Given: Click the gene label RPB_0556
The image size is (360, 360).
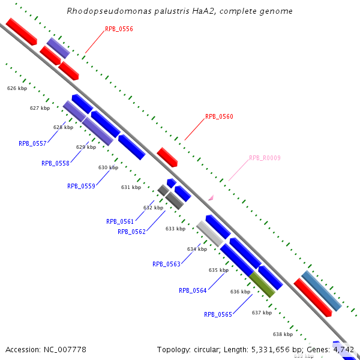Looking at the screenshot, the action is [119, 29].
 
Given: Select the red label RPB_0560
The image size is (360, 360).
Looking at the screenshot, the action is [219, 117].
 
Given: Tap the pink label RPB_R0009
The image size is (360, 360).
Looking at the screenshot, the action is [265, 158].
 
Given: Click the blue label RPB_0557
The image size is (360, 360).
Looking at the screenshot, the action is [32, 143].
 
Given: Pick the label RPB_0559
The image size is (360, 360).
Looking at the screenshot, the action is [81, 186].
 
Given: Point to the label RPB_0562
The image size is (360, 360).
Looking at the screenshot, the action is [131, 232].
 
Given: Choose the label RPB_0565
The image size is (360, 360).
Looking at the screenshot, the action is [218, 314].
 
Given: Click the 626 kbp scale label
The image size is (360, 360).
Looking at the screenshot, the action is [17, 88].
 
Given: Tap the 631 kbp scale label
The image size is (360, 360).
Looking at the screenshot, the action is [131, 187].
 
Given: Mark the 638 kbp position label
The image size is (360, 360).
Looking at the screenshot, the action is [283, 334].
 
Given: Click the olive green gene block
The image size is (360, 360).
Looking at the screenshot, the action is [262, 284].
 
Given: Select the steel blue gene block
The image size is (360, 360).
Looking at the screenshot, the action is [321, 291].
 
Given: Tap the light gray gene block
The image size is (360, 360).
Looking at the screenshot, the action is [210, 233].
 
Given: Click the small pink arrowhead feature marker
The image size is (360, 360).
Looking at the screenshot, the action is [211, 197].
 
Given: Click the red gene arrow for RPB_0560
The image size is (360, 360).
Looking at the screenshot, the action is [167, 157].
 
